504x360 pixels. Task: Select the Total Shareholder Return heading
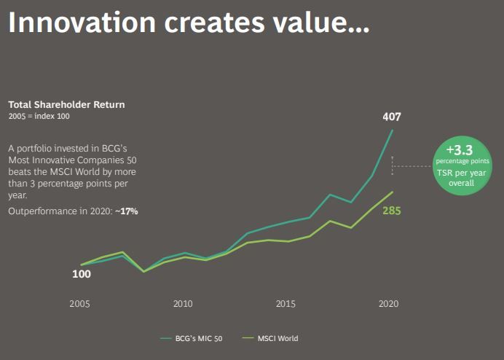coord(66,104)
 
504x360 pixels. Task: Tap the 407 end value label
coord(392,117)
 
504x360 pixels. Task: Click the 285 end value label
coord(392,211)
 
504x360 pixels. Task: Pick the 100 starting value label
coord(81,275)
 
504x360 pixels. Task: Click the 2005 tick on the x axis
coord(80,303)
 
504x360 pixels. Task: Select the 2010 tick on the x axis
coord(183,303)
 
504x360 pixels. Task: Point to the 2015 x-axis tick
coord(286,303)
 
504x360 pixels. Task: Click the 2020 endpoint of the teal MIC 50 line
coord(393,130)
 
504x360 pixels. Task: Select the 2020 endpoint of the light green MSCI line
coord(393,192)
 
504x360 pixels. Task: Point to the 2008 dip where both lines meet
coord(143,272)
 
